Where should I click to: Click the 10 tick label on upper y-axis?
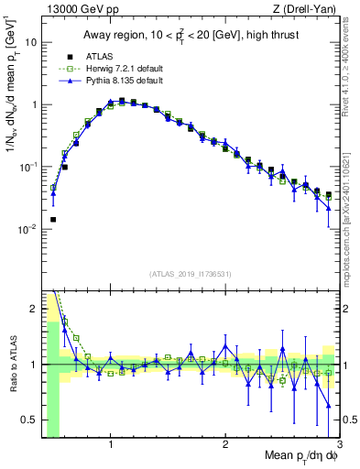[31, 42]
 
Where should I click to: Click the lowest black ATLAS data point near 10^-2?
[53, 220]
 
